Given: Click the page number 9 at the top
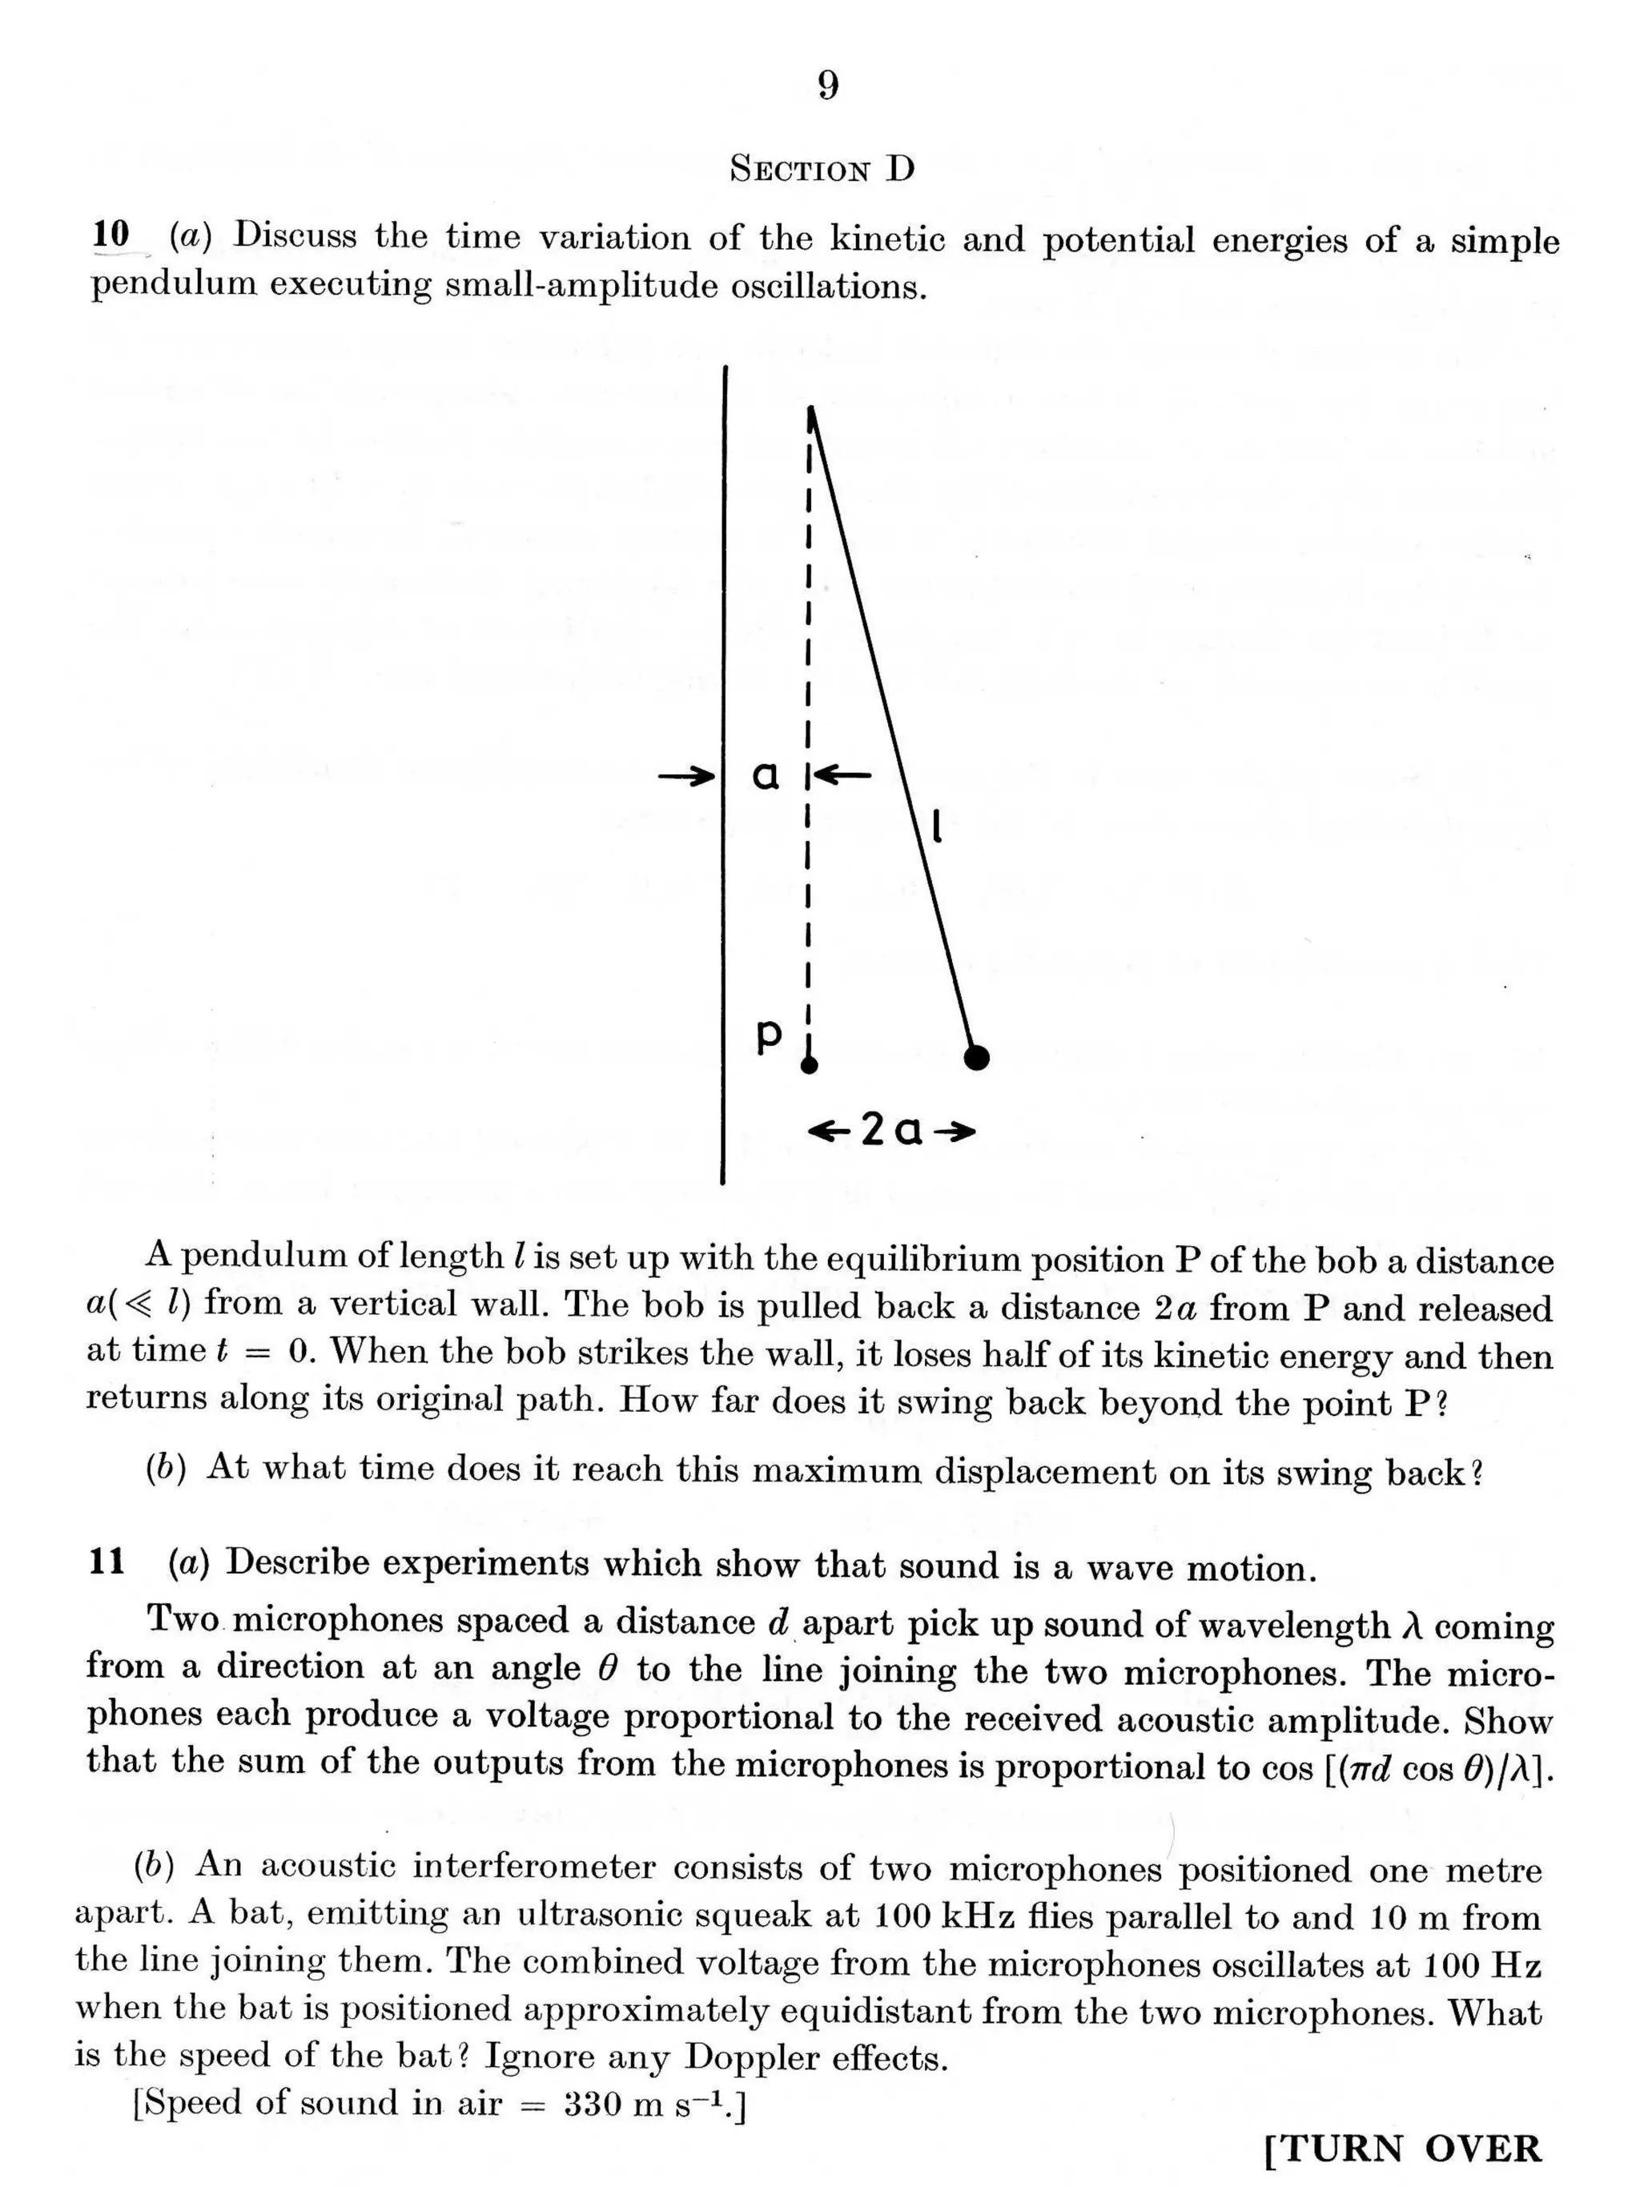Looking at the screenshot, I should click(828, 87).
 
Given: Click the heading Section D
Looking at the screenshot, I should click(822, 169).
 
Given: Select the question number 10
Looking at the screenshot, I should click(111, 235).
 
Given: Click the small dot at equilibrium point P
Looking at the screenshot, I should click(810, 1065).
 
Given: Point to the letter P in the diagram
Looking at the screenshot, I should click(768, 1035).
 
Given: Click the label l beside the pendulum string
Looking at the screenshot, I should click(936, 826).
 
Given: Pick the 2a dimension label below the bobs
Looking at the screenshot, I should click(891, 1130).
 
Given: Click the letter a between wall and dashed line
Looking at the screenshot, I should click(766, 776).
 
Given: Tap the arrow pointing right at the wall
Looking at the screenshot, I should click(687, 775).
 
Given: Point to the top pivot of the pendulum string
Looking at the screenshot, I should click(810, 409).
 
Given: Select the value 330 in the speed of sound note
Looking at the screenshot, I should click(594, 2102).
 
